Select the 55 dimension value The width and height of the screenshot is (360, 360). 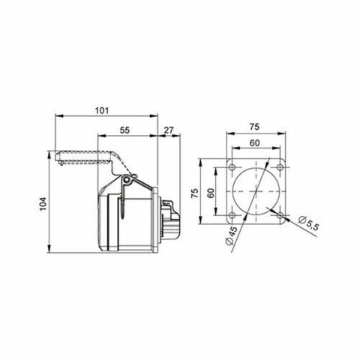pyautogui.click(x=124, y=130)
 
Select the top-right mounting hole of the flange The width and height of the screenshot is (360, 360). pyautogui.click(x=279, y=167)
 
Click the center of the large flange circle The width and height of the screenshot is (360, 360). pyautogui.click(x=255, y=191)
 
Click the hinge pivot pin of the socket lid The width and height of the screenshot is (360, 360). pyautogui.click(x=128, y=183)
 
